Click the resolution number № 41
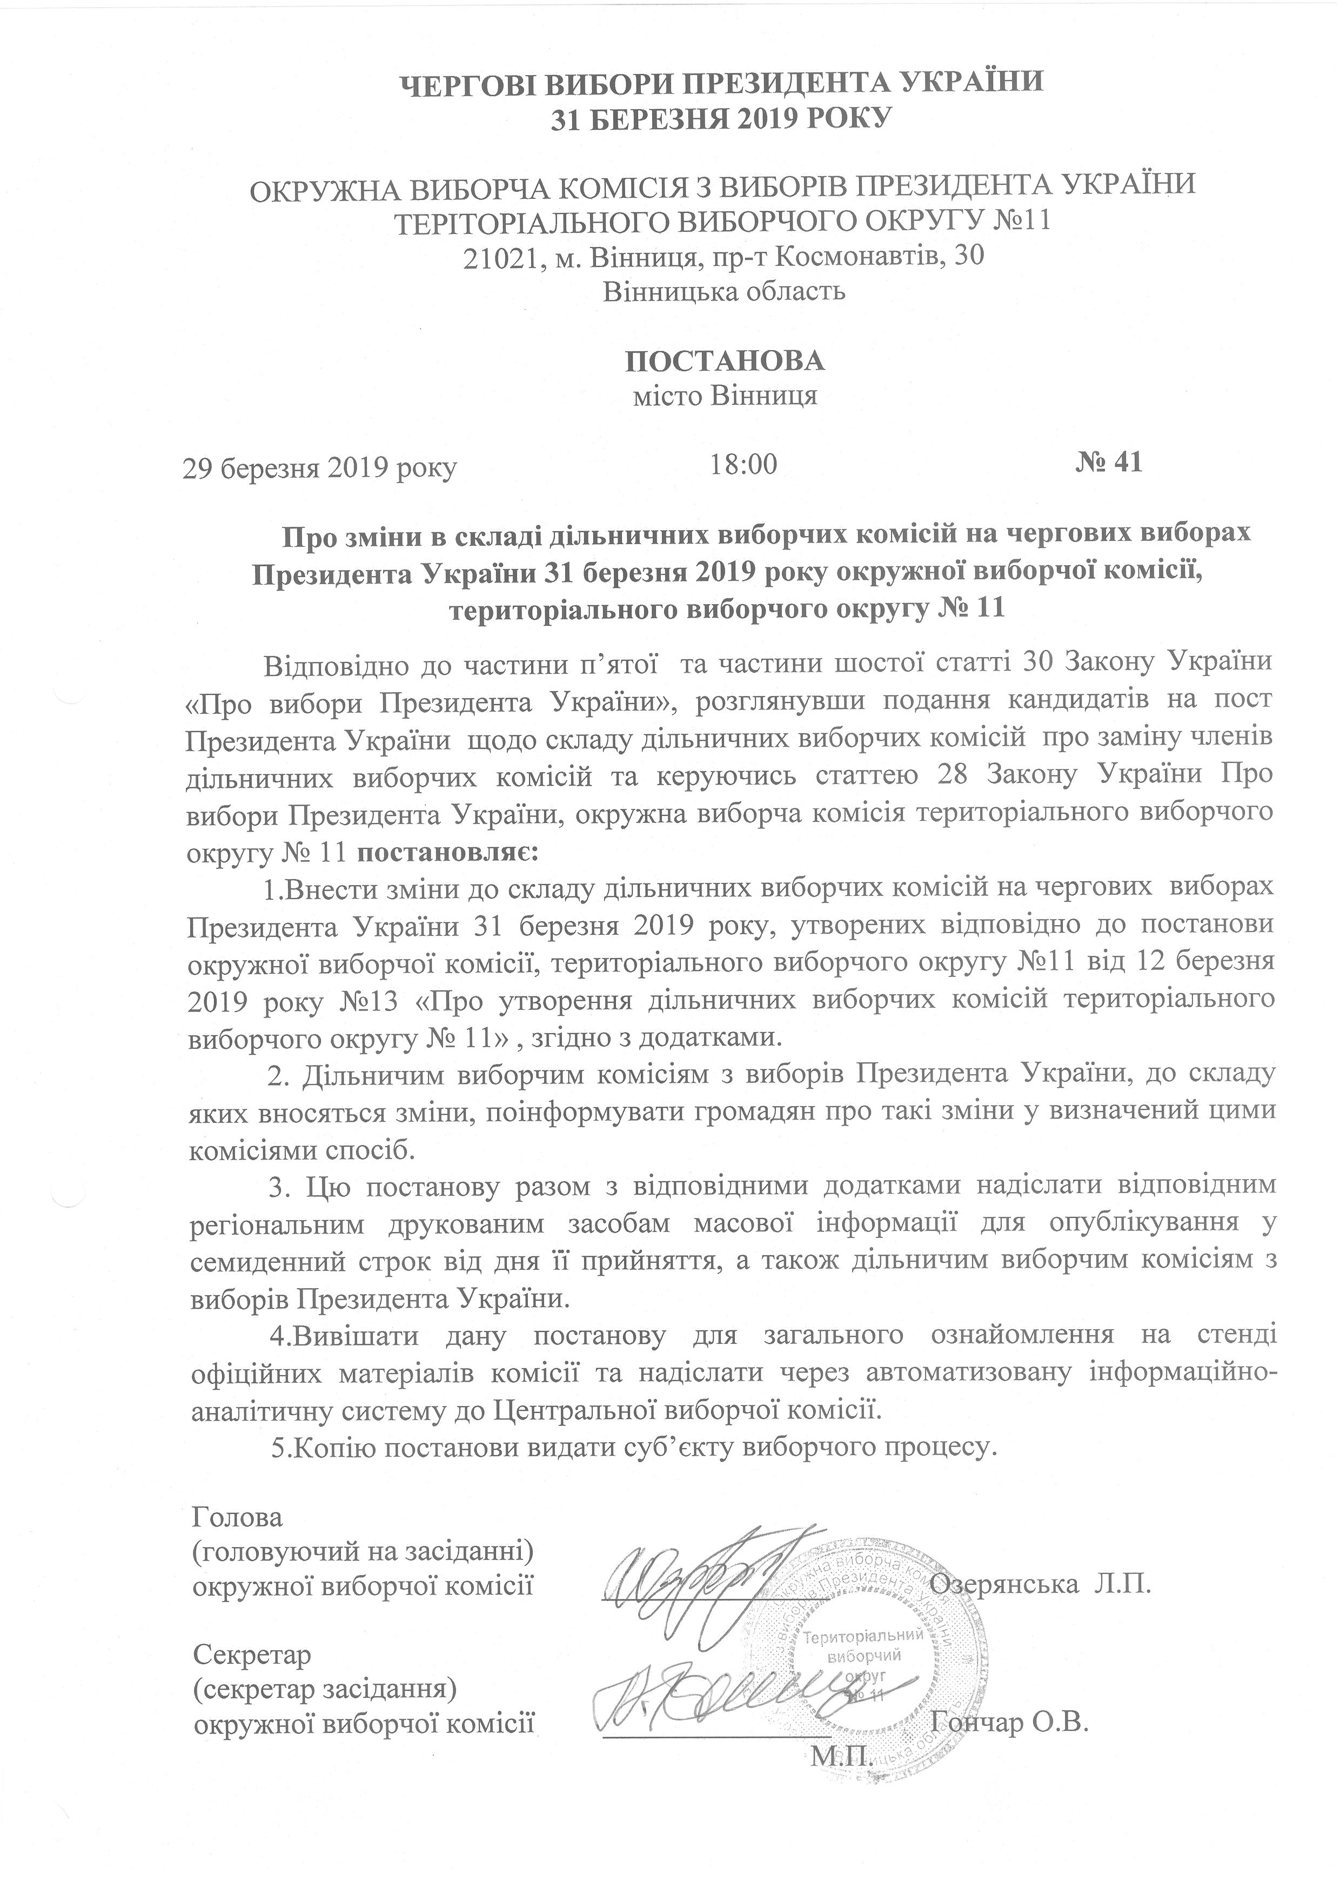coord(1108,462)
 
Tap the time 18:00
coord(743,465)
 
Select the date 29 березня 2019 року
coord(320,468)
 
